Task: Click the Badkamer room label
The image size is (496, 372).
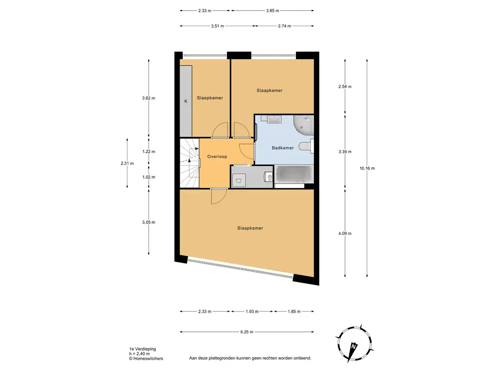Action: [x=282, y=148]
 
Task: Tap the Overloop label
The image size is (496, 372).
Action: [x=217, y=156]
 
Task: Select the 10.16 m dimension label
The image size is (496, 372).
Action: [x=367, y=168]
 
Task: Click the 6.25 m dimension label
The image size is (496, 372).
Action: [x=247, y=332]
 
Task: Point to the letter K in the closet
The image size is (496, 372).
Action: [x=186, y=101]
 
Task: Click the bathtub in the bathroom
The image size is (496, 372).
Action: [x=294, y=174]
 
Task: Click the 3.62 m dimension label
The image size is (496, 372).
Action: [x=149, y=98]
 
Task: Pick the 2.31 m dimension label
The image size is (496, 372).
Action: [x=127, y=163]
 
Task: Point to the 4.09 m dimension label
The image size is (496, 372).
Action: [x=345, y=233]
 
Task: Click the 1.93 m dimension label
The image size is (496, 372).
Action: [x=252, y=311]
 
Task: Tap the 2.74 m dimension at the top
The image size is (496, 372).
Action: [x=284, y=26]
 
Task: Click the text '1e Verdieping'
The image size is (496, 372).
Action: [x=142, y=349]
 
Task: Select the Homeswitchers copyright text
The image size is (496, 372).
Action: [x=146, y=358]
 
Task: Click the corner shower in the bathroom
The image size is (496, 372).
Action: [x=303, y=125]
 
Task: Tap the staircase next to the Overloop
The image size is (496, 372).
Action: [x=189, y=163]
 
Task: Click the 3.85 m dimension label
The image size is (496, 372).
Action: [x=272, y=11]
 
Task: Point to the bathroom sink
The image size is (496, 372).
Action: [x=274, y=119]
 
